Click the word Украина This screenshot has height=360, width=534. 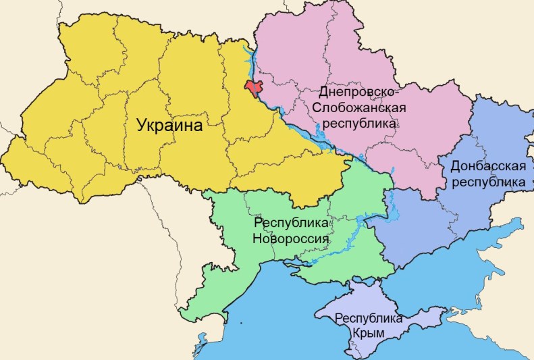click(169, 126)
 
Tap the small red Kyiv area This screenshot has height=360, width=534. click(255, 88)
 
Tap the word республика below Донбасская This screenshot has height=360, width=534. click(487, 182)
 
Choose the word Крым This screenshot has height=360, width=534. click(368, 333)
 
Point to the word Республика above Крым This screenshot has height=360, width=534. click(368, 318)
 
